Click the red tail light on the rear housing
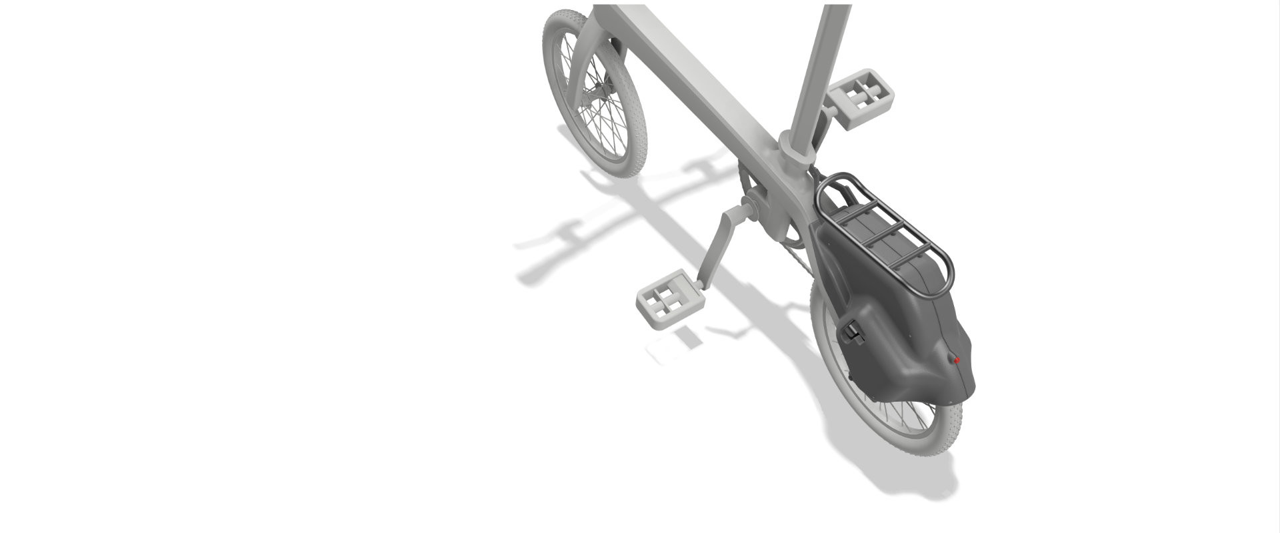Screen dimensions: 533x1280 coord(958,360)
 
